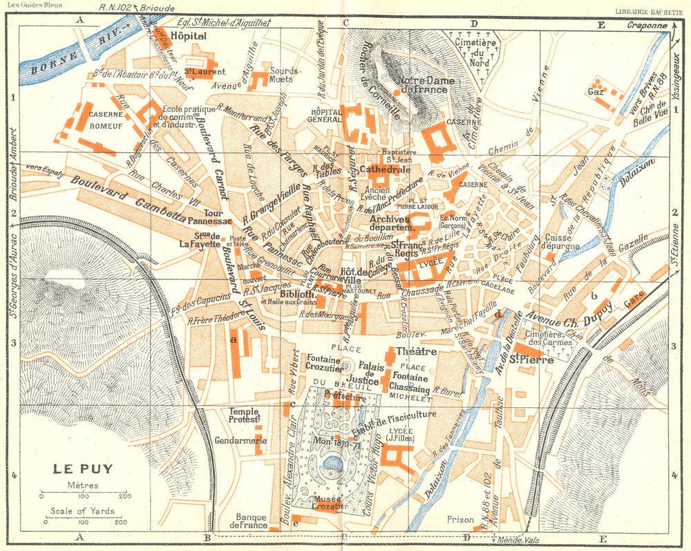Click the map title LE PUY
(x=83, y=468)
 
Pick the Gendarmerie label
(x=241, y=440)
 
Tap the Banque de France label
(x=252, y=521)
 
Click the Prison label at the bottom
(x=460, y=519)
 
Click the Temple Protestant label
(x=244, y=415)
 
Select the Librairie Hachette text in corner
(x=652, y=10)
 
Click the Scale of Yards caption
(x=82, y=511)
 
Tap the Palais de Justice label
(x=371, y=373)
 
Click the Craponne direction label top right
(x=648, y=26)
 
